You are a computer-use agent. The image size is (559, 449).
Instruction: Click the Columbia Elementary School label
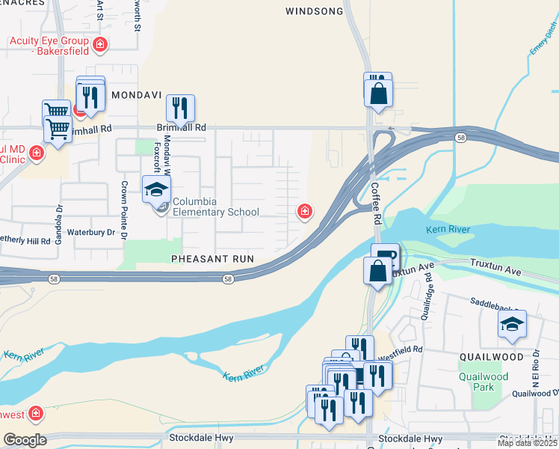coord(216,207)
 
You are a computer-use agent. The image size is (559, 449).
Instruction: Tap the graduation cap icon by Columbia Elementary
coord(156,189)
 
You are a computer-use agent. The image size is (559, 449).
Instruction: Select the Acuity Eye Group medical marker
coord(100,46)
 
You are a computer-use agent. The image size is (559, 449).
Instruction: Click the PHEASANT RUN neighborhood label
coord(212,259)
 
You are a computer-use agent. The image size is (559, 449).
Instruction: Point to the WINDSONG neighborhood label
coord(315,11)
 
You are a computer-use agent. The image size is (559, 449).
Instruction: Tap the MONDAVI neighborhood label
coord(136,96)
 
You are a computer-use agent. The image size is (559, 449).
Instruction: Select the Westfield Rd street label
coord(403,349)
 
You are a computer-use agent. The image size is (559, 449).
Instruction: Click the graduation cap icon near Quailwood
coord(512,324)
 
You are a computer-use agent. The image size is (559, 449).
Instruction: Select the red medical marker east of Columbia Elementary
coord(304,212)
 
